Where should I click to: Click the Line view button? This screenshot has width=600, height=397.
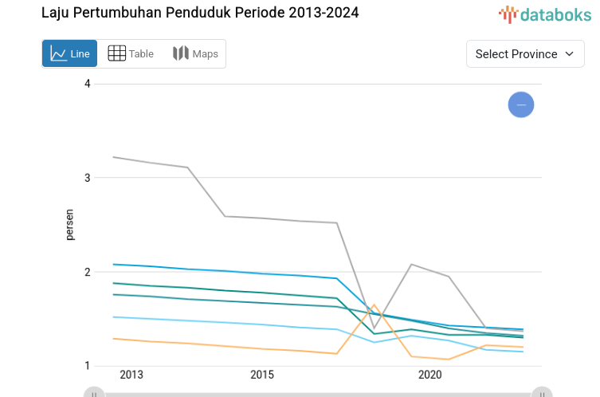point(69,53)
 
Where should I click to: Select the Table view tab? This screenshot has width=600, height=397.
point(131,53)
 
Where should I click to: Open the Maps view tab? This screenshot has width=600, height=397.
point(195,53)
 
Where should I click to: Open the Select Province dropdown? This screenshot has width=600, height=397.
point(525,53)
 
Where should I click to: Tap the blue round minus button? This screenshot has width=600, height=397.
point(521,104)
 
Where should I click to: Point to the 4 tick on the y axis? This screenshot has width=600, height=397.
point(88,84)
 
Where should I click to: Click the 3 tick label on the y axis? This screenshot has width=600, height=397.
point(88,178)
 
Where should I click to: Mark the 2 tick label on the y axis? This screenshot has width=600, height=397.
point(88,272)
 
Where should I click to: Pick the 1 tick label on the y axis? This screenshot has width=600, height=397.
point(88,366)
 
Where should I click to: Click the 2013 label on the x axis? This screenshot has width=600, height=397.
point(131,375)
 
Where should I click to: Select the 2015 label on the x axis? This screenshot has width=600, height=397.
point(262,375)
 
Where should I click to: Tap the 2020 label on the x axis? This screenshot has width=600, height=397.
point(429,375)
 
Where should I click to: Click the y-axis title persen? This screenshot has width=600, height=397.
point(70,224)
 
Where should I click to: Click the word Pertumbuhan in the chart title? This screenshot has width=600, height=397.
point(120,14)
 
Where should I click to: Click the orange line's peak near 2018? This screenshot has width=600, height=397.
point(374,305)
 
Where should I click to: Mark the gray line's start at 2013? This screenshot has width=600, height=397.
point(114,157)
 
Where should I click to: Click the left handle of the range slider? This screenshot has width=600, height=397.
point(94,393)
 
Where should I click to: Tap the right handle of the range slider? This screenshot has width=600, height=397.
point(542,393)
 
